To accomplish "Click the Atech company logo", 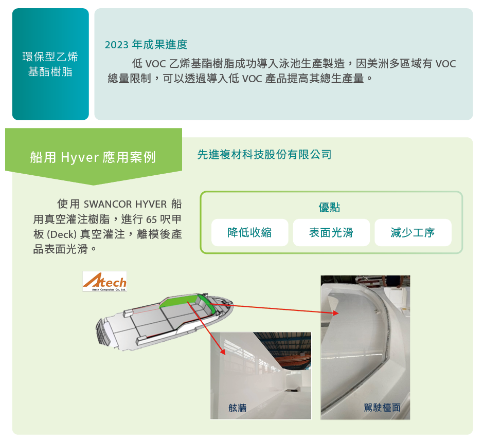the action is [105, 281].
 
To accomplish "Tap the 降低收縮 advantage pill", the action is [250, 232].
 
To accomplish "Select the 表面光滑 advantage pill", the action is [331, 232].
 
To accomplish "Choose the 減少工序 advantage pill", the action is [413, 232].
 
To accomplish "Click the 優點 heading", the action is [329, 208].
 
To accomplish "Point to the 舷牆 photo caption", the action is [238, 408].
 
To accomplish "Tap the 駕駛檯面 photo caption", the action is [382, 408].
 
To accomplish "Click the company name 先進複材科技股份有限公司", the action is [264, 155].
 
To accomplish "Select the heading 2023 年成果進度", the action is [146, 45].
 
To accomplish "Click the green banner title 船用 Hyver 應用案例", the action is [93, 157].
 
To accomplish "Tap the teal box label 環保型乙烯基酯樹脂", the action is [50, 64].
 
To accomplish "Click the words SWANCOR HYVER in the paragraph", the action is [125, 204].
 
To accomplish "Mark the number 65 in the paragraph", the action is [152, 219].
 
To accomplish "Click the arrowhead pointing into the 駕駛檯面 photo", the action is [336, 313].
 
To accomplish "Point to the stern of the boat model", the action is [103, 332].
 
